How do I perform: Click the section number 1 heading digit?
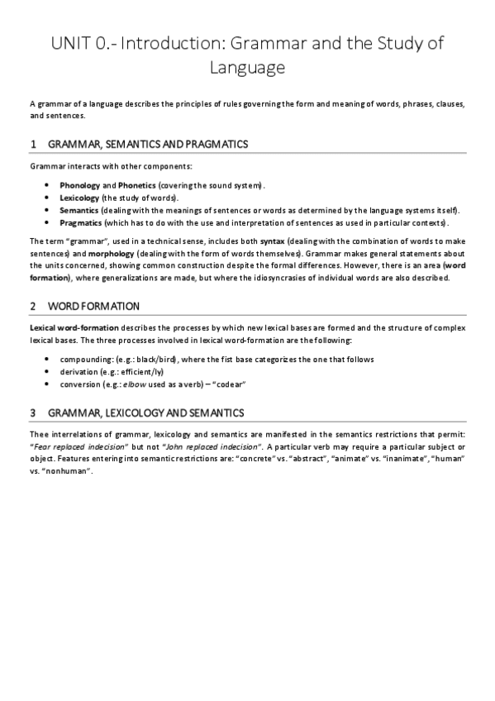coord(32,144)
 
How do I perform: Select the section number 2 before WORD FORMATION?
coord(32,306)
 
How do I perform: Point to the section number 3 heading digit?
coord(32,412)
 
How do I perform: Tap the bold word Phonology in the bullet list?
coord(79,184)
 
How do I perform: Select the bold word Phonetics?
coord(136,184)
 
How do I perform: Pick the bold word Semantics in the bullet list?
coord(79,210)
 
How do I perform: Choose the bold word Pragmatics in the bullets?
coord(81,223)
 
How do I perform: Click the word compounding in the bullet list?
coord(87,359)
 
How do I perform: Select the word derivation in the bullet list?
coord(81,372)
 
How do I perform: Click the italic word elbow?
coord(135,384)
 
